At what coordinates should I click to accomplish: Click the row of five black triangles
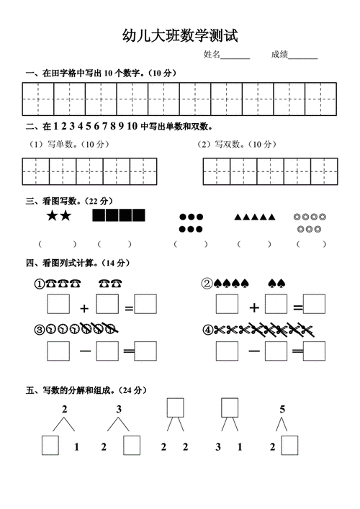tap(255, 216)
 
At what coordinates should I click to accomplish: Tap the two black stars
tap(58, 215)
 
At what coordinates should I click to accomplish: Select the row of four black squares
tap(118, 215)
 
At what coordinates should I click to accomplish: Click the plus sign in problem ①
tap(84, 308)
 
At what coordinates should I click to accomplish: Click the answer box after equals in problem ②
tap(314, 305)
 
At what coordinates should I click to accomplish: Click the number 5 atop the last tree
tap(282, 409)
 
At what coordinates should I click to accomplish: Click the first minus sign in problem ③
tap(84, 351)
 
